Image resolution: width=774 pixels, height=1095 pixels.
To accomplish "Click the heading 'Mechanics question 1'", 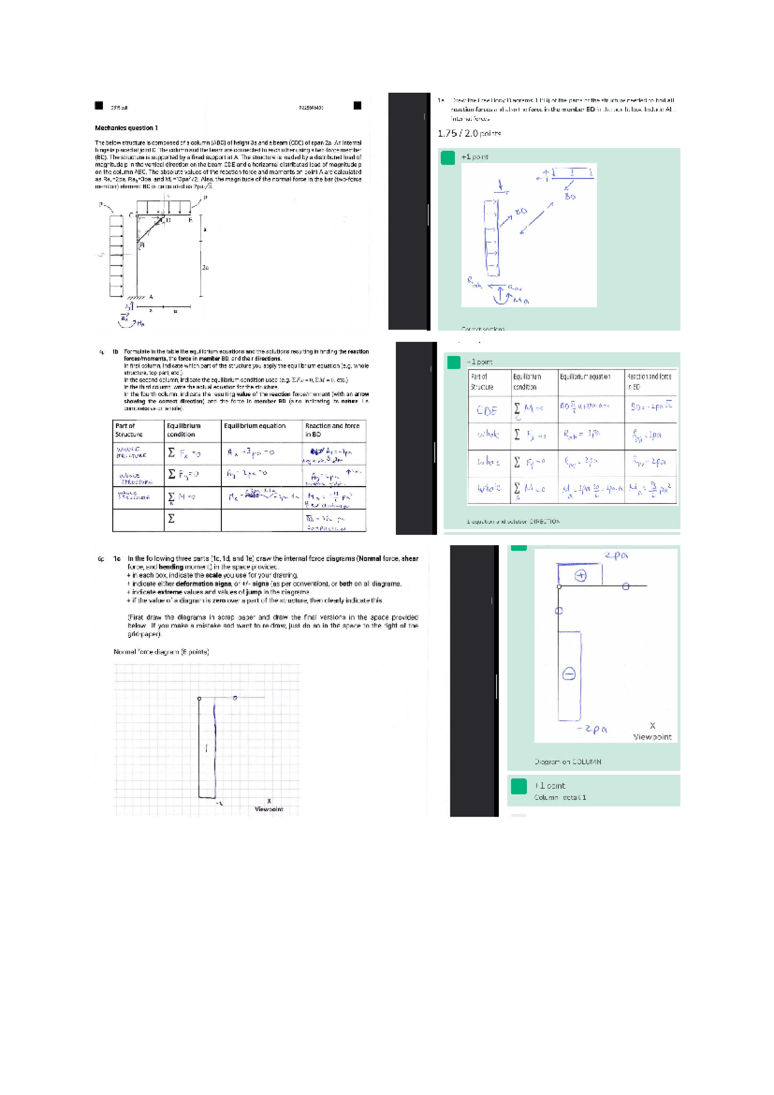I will pyautogui.click(x=126, y=128).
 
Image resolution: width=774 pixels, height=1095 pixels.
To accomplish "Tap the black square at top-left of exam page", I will pyautogui.click(x=99, y=105).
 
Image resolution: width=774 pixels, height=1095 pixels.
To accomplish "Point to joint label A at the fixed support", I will pyautogui.click(x=151, y=297).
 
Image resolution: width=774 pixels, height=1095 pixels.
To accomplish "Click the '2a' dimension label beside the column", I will pyautogui.click(x=205, y=267).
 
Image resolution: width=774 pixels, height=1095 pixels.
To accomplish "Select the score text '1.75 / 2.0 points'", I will pyautogui.click(x=469, y=134).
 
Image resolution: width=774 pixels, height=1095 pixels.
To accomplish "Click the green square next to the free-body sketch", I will pyautogui.click(x=448, y=158).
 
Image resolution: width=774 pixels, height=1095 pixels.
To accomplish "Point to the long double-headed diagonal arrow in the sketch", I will pyautogui.click(x=536, y=218).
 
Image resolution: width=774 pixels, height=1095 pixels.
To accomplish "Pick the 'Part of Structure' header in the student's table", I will pyautogui.click(x=126, y=430).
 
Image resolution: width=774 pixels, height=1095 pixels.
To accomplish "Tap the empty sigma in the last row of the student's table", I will pyautogui.click(x=172, y=518).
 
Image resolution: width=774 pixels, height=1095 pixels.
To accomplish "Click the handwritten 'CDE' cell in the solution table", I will pyautogui.click(x=487, y=411).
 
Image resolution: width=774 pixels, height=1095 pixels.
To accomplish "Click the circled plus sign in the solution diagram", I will pyautogui.click(x=580, y=575).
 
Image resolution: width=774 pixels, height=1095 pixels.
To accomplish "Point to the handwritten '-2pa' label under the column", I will pyautogui.click(x=592, y=729).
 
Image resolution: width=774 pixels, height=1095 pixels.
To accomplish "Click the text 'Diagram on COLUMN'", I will pyautogui.click(x=568, y=762).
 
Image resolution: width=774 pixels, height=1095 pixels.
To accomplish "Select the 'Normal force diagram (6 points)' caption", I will pyautogui.click(x=161, y=652).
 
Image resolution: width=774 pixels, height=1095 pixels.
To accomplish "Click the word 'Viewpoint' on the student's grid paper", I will pyautogui.click(x=268, y=809).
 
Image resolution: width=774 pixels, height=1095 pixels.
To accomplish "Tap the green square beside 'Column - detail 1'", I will pyautogui.click(x=519, y=786).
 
